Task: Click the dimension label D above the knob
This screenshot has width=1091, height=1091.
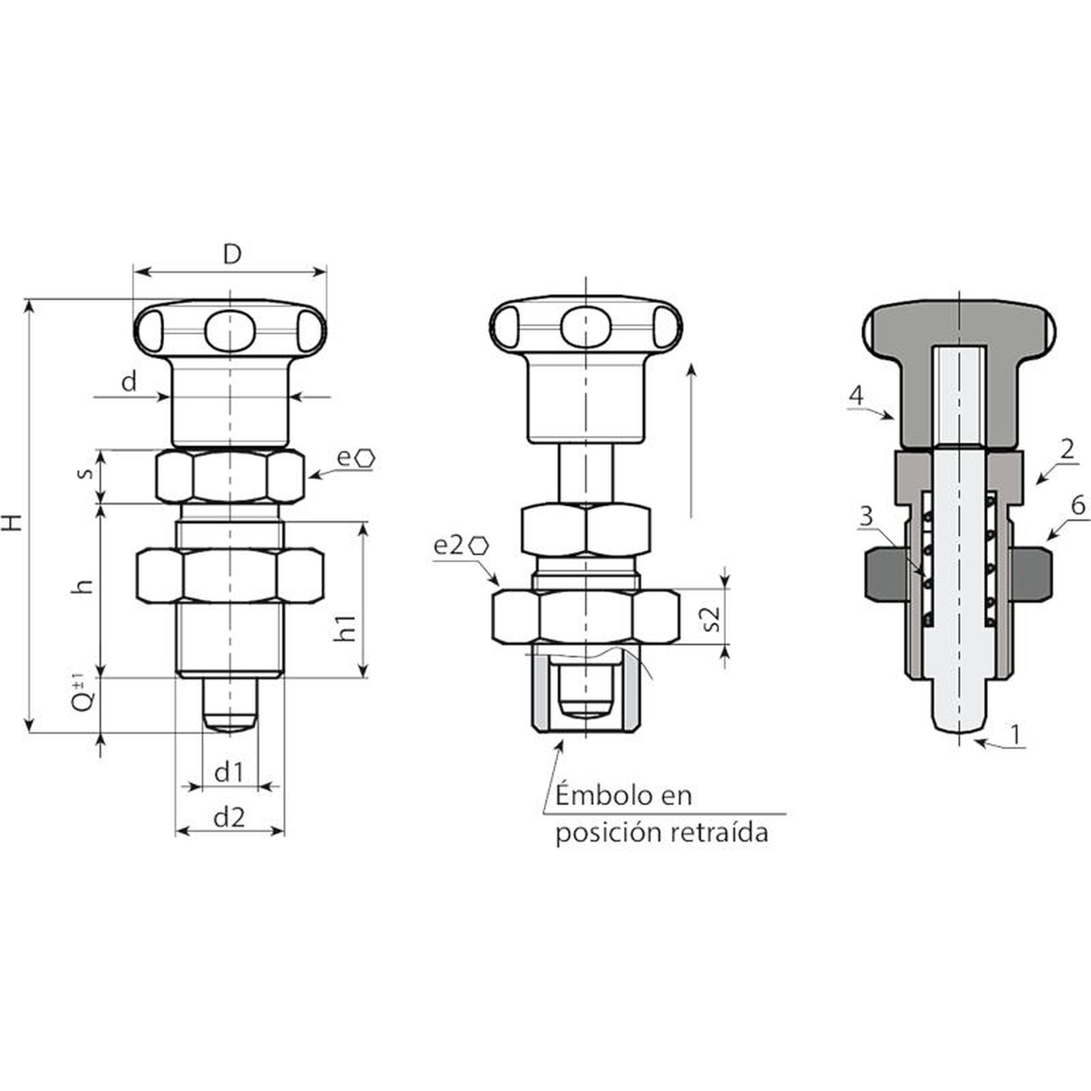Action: click(233, 254)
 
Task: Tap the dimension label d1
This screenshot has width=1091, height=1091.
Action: click(229, 773)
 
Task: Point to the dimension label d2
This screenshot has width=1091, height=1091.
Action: click(229, 817)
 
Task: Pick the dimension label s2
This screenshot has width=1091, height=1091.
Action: click(711, 618)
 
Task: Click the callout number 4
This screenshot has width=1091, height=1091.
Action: click(856, 395)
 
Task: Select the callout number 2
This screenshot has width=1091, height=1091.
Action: click(1067, 449)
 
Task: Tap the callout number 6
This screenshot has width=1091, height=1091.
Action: click(1078, 505)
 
